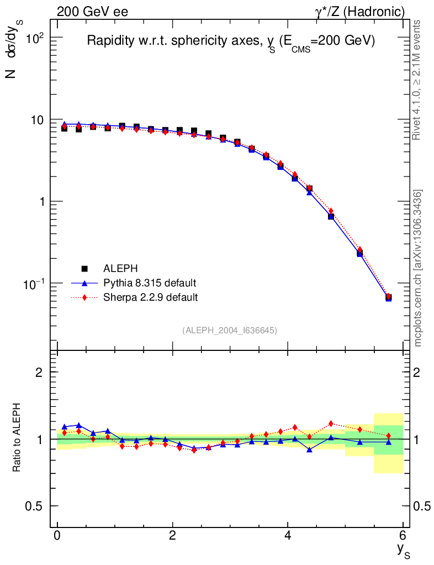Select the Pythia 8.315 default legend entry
(x=149, y=283)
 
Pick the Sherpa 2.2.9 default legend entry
(x=150, y=297)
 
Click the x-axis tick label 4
(x=288, y=536)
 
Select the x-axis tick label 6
(x=403, y=536)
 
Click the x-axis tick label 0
(x=57, y=536)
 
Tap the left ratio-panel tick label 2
(x=39, y=372)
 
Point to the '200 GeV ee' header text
(x=93, y=12)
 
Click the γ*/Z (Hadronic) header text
(x=360, y=12)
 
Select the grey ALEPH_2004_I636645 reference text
(x=230, y=330)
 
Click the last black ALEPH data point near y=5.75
(x=388, y=298)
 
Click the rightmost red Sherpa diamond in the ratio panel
(x=388, y=436)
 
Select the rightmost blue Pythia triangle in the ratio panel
(x=388, y=442)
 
